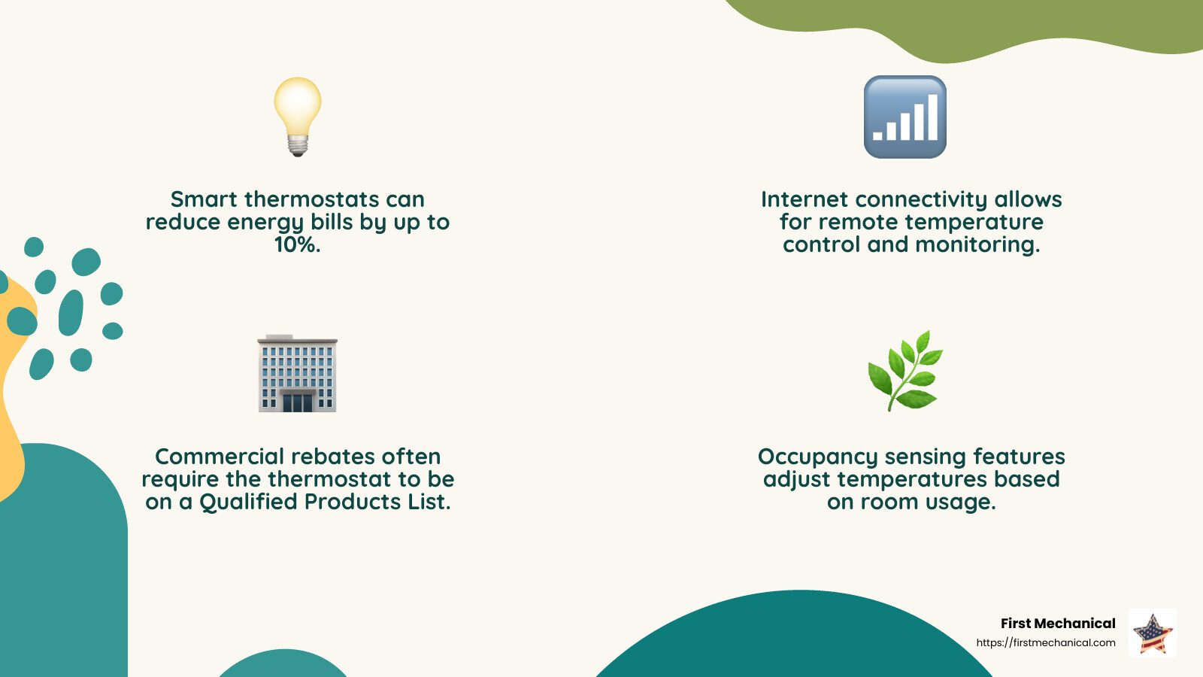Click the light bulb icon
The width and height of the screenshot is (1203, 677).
[298, 113]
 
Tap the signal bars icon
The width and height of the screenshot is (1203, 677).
[905, 117]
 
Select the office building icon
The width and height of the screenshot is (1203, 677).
[297, 373]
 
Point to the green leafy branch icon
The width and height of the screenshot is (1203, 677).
[905, 370]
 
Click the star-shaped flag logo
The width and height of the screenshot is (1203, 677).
[1153, 633]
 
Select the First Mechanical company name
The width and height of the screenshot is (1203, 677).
[1057, 623]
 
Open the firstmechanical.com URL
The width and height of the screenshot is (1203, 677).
[1045, 642]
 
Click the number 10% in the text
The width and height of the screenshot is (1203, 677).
[297, 244]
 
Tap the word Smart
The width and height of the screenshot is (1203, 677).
[204, 199]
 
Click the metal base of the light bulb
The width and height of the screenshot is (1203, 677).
[298, 145]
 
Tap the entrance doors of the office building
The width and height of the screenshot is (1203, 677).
[297, 402]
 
